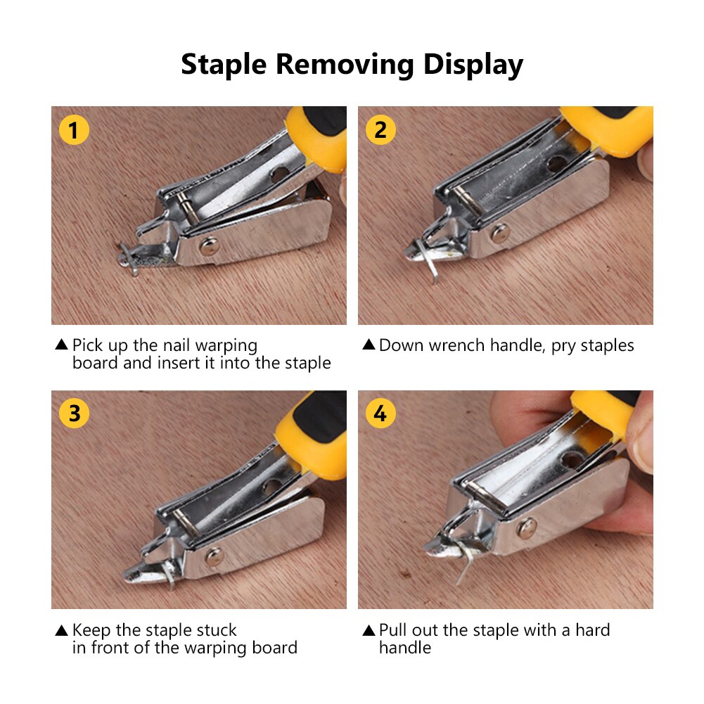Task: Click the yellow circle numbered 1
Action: point(74,130)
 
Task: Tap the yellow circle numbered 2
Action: point(380,130)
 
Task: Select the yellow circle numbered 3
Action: point(74,414)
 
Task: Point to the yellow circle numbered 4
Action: point(380,414)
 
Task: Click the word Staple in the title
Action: point(224,65)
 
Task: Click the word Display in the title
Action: point(473,65)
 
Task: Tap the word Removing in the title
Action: point(345,65)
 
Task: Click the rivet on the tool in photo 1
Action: point(207,245)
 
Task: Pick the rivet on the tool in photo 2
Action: point(500,233)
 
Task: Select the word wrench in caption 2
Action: point(459,345)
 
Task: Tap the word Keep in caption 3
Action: point(91,629)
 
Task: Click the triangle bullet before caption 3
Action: point(61,630)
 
